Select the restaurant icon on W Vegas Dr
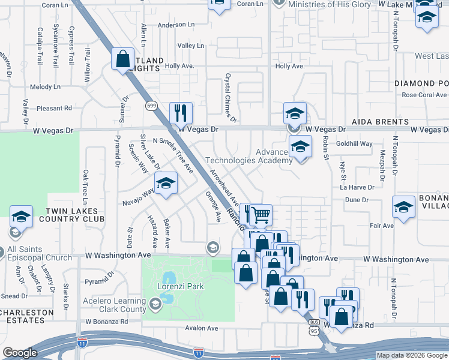pos(181,112)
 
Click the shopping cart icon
pos(261,214)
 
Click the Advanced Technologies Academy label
pos(249,156)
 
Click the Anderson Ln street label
pos(176,25)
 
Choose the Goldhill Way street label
pos(354,144)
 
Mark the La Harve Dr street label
pos(357,187)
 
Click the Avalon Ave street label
pos(202,328)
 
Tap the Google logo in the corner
pos(20,353)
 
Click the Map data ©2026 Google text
pos(411,355)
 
